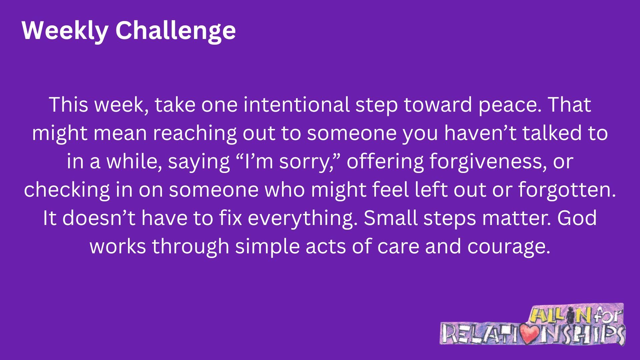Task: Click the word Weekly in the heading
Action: (x=65, y=31)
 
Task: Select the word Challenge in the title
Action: (x=176, y=31)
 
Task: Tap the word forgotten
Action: (x=567, y=190)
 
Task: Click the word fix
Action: (x=230, y=218)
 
